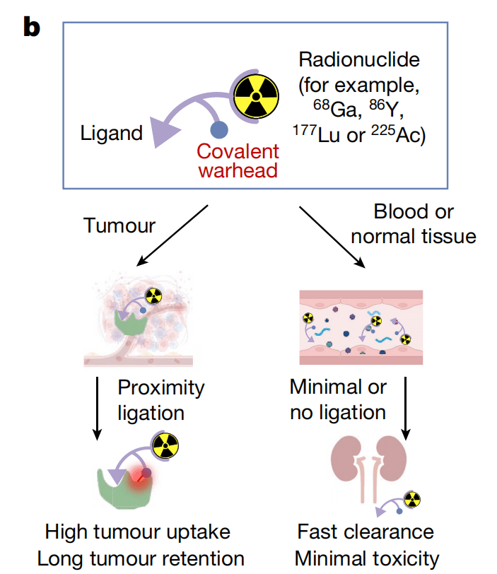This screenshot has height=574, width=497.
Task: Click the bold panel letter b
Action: coord(32,27)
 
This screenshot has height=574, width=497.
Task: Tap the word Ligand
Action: coord(111,133)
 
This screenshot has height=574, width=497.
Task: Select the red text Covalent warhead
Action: coord(238,160)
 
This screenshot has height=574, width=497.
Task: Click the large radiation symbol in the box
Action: coord(256,96)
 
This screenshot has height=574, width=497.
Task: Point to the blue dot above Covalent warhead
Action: coord(219,130)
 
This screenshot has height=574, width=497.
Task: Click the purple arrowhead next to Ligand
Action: coord(163,131)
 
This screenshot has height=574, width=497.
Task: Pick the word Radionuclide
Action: coord(359,59)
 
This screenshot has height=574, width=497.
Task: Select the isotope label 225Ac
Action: coord(398,134)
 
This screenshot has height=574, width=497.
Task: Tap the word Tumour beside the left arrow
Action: coord(119,225)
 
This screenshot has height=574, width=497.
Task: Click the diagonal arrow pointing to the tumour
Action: coord(173,235)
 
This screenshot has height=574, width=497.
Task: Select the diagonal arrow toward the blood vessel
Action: coord(332,238)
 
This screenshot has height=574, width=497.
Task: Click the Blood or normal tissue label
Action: coord(414,223)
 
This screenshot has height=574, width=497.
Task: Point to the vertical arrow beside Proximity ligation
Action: coord(97,408)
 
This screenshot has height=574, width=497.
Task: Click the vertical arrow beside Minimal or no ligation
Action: coord(406,408)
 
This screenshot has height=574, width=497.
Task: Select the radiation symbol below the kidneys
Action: coord(412,499)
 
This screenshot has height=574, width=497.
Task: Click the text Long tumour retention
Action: coord(141,559)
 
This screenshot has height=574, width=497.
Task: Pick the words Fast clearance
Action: coord(366,532)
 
